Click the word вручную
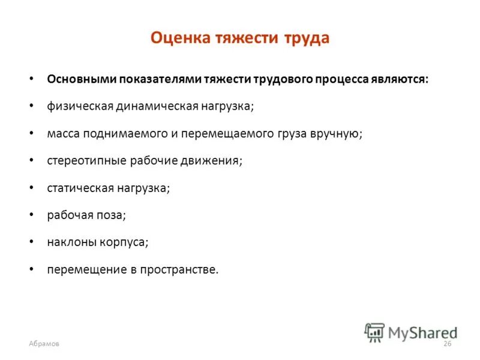[337, 134]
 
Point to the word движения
[217, 161]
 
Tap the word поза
[112, 215]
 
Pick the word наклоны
[67, 242]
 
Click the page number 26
[447, 343]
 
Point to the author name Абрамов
[44, 343]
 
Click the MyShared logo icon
[374, 332]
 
